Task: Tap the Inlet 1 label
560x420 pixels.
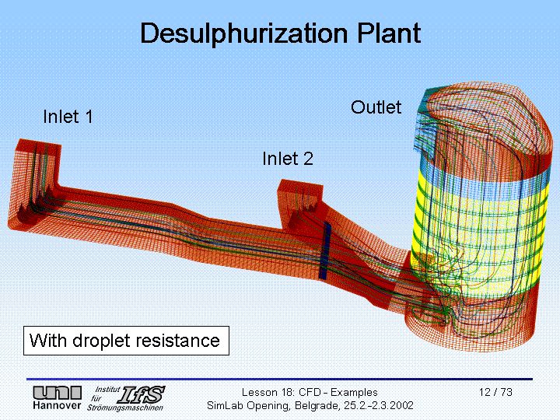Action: point(68,117)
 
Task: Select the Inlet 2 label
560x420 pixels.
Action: point(288,159)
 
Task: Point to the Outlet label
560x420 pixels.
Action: point(376,107)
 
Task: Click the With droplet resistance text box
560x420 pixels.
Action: point(124,341)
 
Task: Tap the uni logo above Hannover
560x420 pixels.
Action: point(57,393)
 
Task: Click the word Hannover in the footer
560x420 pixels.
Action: point(57,406)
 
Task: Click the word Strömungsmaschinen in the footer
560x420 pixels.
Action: point(125,407)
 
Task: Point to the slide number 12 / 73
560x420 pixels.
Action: point(495,392)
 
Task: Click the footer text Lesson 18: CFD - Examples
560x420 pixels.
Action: point(309,392)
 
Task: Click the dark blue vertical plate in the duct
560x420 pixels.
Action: point(325,250)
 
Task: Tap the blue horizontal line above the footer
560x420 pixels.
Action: point(280,380)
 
